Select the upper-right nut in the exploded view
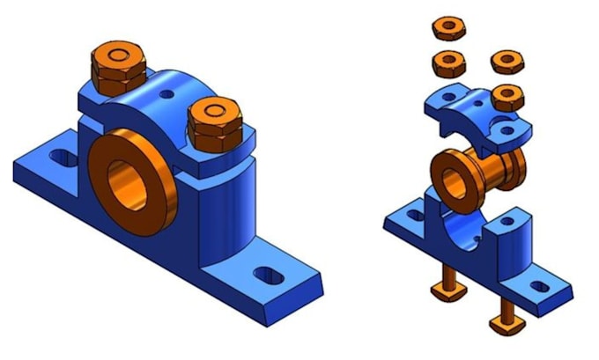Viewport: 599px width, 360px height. click(x=507, y=61)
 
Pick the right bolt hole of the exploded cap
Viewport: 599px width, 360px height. click(x=509, y=129)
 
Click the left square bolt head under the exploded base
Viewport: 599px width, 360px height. click(x=446, y=290)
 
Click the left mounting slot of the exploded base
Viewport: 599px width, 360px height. click(x=410, y=212)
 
